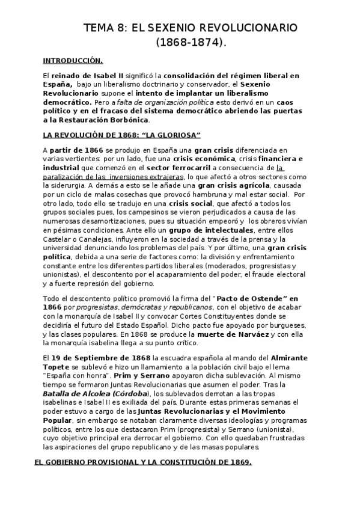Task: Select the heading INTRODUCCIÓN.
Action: pos(73,60)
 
